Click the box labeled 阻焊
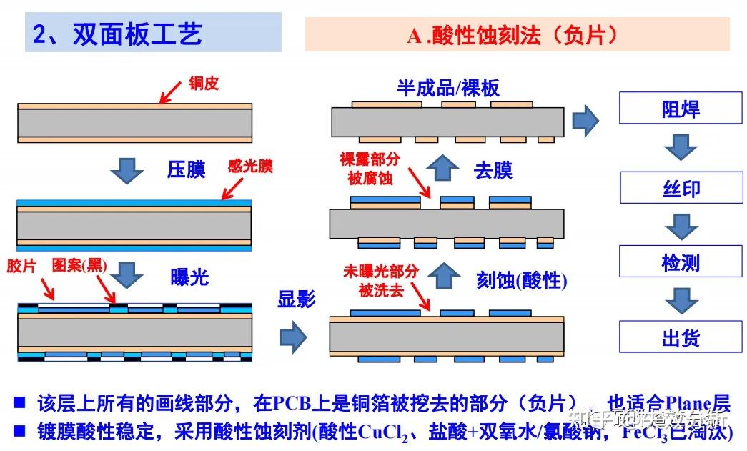(680, 109)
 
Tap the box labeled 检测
(680, 262)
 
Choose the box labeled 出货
(680, 337)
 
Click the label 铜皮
(204, 84)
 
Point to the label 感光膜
(250, 167)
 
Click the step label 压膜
(187, 169)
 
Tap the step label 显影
(297, 299)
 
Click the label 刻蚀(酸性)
(521, 281)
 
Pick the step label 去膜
(493, 171)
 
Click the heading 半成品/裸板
(448, 88)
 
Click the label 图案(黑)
(79, 266)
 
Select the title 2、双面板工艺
(118, 34)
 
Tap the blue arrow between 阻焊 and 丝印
(680, 149)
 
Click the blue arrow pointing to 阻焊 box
(585, 121)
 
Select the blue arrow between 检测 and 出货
(680, 300)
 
